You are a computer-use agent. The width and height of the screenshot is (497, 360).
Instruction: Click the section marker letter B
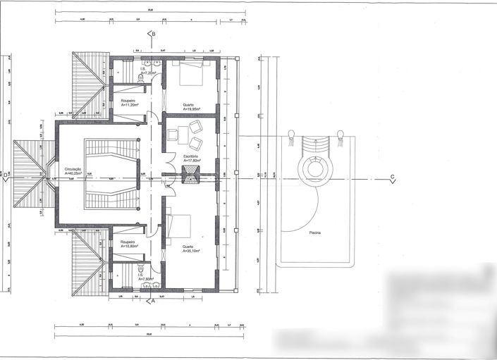[153, 33]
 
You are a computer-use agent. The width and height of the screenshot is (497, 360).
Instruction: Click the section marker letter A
[153, 300]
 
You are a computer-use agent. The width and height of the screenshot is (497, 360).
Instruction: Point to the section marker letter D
[4, 175]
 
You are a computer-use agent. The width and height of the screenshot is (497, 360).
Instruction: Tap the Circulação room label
[73, 170]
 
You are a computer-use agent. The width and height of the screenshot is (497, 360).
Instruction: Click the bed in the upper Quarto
[190, 71]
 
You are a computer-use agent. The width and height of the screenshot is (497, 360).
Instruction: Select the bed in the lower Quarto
[180, 226]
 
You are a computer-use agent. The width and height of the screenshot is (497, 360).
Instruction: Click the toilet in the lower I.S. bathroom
[143, 269]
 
